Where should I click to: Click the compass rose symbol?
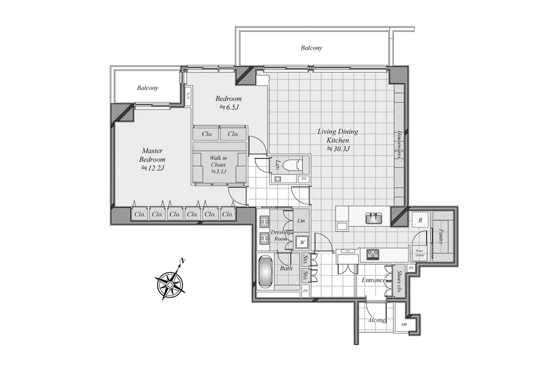170,284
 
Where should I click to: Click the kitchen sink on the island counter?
374,218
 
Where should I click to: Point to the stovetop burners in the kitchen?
373,254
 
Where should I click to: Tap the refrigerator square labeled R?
420,220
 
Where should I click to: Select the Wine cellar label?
420,253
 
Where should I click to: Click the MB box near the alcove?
404,325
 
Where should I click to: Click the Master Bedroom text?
152,155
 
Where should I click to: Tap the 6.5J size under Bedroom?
229,108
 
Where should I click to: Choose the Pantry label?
441,236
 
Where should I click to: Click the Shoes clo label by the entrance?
399,281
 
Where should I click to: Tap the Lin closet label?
301,221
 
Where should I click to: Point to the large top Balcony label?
311,48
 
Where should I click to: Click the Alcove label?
376,320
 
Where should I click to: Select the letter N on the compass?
182,261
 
